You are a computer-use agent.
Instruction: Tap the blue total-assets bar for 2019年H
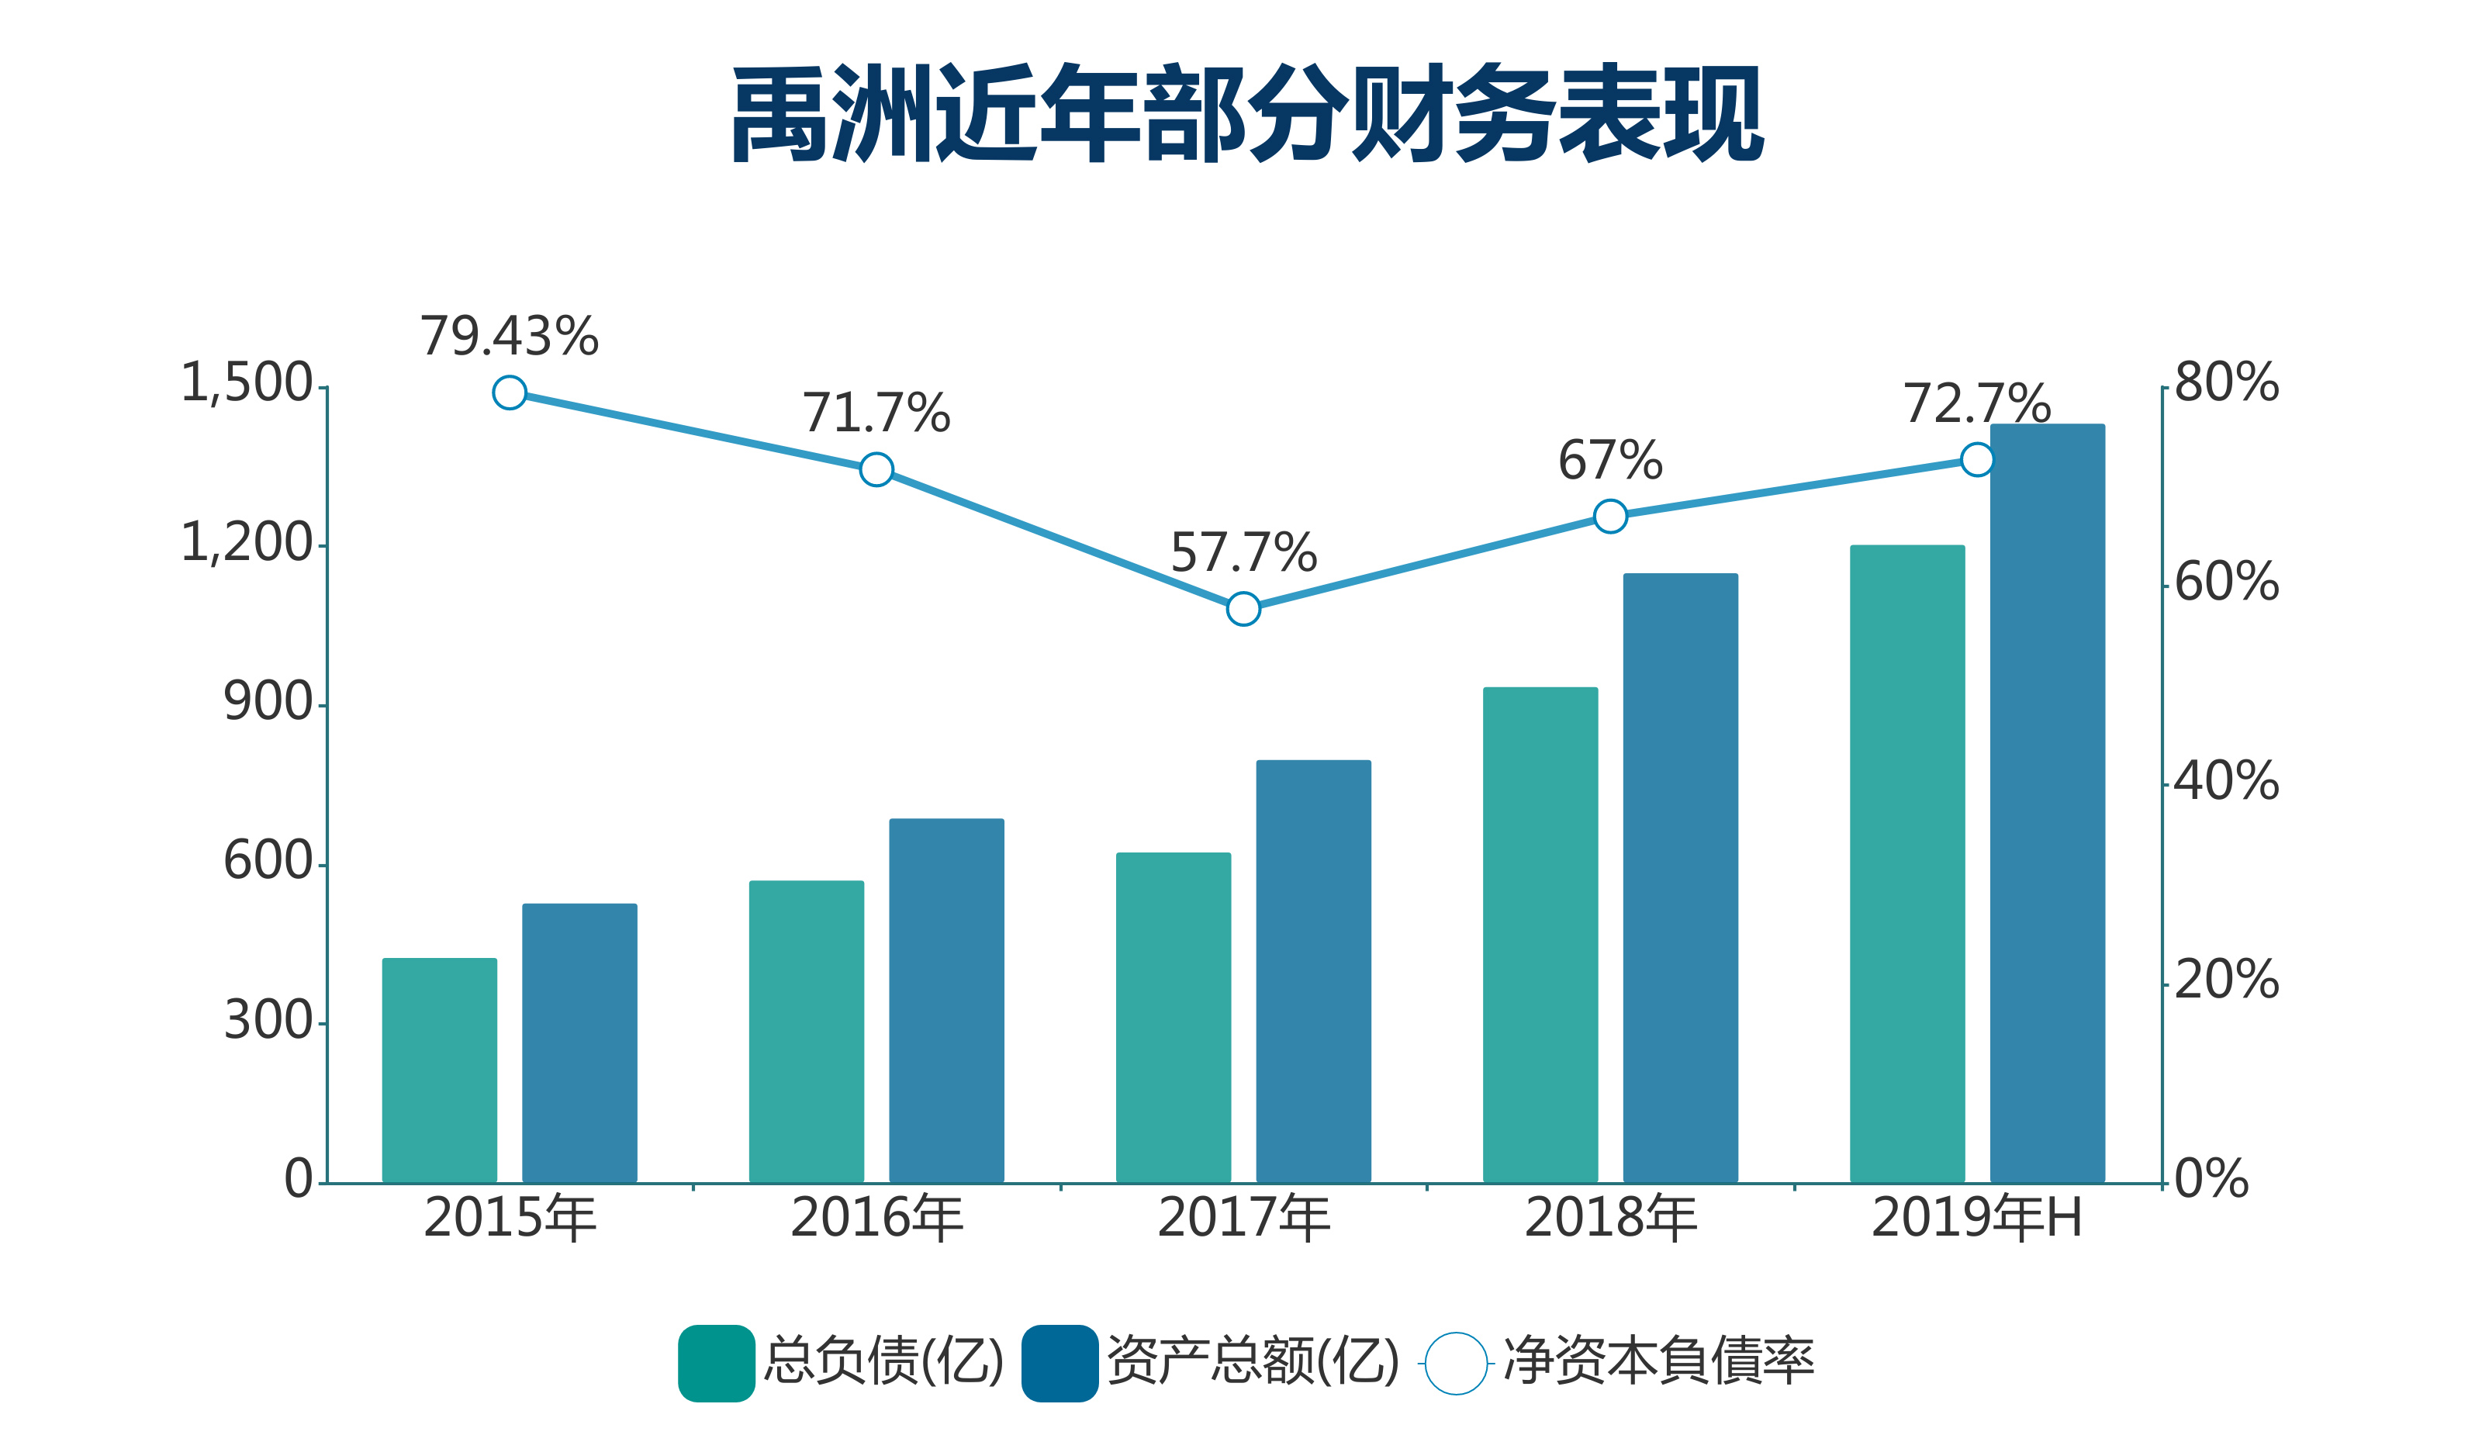click(x=2047, y=803)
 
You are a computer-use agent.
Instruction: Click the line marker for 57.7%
click(x=1243, y=609)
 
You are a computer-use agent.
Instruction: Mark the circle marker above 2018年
click(x=1609, y=516)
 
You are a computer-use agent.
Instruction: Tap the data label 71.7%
click(x=876, y=413)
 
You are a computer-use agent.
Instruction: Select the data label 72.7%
click(x=1976, y=404)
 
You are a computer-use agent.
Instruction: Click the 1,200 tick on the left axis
click(x=246, y=543)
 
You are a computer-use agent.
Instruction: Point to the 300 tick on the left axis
click(x=268, y=1020)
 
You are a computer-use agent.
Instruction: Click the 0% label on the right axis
click(x=2211, y=1179)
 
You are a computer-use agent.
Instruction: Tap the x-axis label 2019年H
click(x=1976, y=1219)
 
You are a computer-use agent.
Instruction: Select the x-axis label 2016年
click(x=876, y=1219)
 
